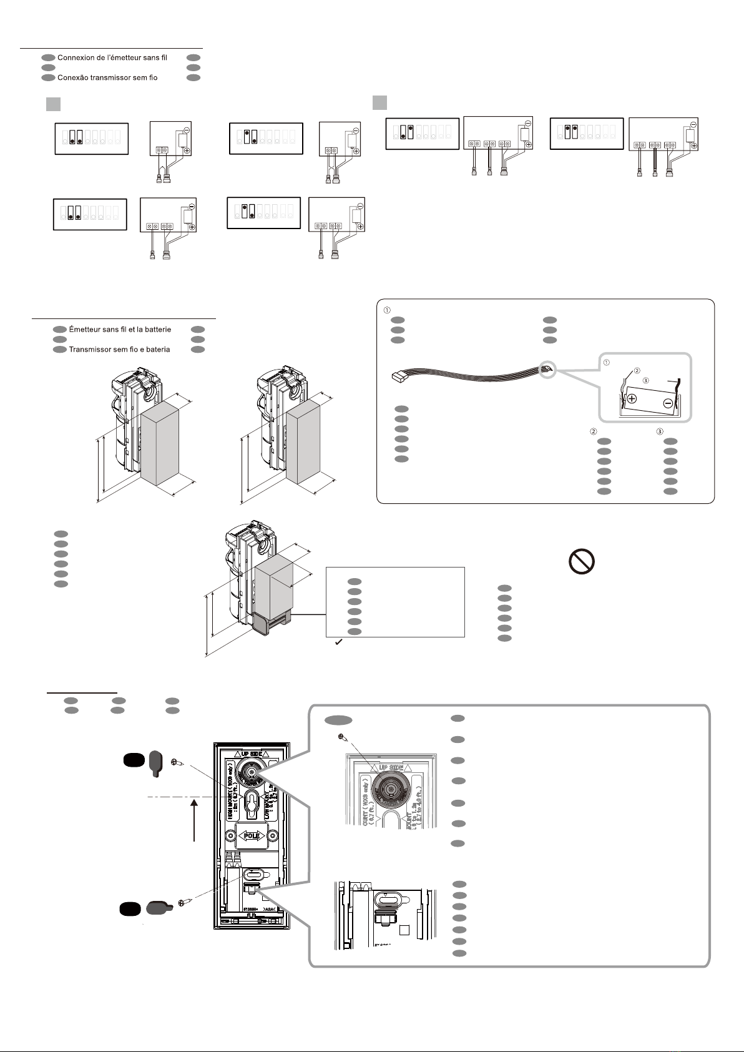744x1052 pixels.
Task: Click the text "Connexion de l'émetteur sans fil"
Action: (x=112, y=57)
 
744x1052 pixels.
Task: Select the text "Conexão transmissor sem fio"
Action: (x=107, y=78)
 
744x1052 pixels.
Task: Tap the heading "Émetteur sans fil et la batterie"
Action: (x=120, y=330)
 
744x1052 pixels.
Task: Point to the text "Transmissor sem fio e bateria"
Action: (x=119, y=350)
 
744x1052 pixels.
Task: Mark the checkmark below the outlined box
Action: (x=337, y=642)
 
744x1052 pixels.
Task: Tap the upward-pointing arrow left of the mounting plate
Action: (x=196, y=818)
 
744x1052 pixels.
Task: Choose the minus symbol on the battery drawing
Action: (x=668, y=403)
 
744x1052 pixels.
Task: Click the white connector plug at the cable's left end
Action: (x=398, y=378)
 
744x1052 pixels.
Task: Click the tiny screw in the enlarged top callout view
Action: (x=340, y=737)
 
